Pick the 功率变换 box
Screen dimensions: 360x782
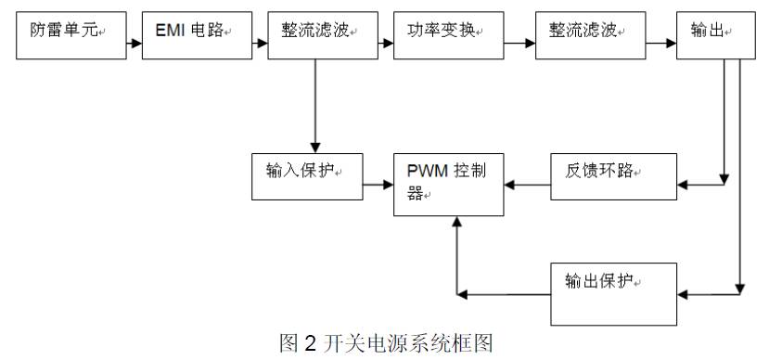click(x=445, y=37)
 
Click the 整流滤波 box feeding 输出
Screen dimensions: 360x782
click(x=590, y=37)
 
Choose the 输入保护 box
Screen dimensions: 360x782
click(x=306, y=175)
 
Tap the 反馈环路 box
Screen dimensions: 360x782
click(x=613, y=175)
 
